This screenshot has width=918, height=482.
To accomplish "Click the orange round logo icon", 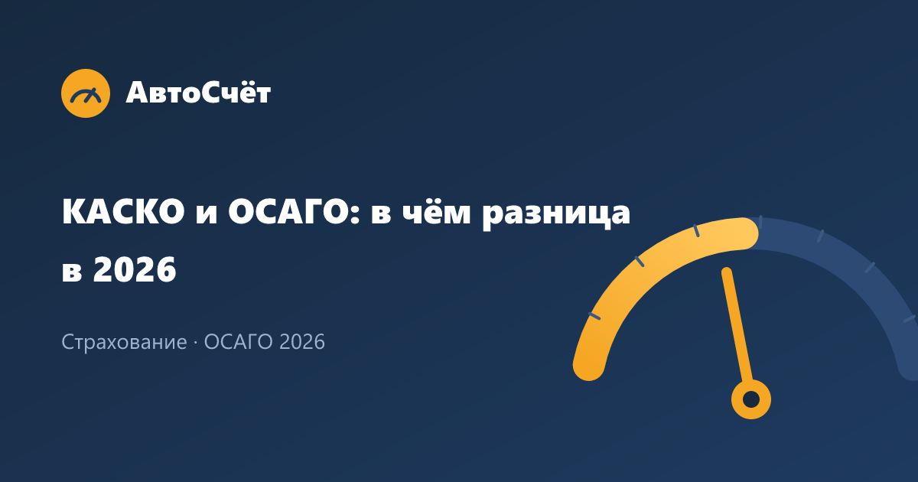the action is pyautogui.click(x=86, y=93).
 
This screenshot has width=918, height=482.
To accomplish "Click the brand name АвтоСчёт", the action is pyautogui.click(x=198, y=92).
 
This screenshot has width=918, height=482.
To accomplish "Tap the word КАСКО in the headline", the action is pyautogui.click(x=123, y=212).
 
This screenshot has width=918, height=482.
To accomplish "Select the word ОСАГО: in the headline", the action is pyautogui.click(x=294, y=212).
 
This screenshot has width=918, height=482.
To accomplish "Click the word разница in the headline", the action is pyautogui.click(x=556, y=214).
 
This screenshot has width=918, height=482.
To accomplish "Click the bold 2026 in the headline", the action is pyautogui.click(x=135, y=269).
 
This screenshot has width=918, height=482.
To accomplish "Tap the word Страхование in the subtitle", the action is pyautogui.click(x=124, y=342).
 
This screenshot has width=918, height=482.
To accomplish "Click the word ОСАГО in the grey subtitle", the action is pyautogui.click(x=238, y=341).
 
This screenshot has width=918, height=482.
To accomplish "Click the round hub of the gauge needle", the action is pyautogui.click(x=751, y=399).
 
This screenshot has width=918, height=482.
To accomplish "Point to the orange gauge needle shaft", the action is pyautogui.click(x=737, y=324).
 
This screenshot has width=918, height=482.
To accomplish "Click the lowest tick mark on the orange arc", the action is pyautogui.click(x=594, y=316).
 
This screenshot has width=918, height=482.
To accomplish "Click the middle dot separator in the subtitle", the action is pyautogui.click(x=196, y=342).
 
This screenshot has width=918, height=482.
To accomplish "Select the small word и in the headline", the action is pyautogui.click(x=206, y=214).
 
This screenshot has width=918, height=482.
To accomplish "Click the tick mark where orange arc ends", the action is pyautogui.click(x=760, y=222).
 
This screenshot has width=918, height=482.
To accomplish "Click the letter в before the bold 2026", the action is pyautogui.click(x=71, y=272).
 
